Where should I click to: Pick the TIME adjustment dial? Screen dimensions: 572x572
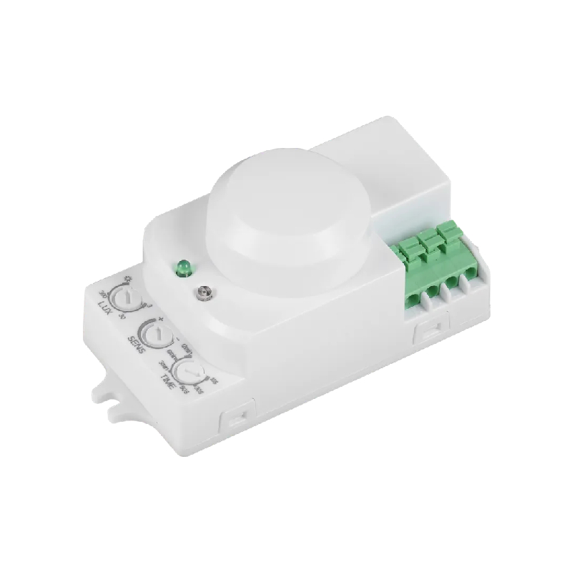click(188, 372)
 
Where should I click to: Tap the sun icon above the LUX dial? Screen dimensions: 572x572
click(129, 278)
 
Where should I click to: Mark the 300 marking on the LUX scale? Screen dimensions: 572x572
click(103, 294)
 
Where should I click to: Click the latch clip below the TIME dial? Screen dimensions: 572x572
click(236, 419)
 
